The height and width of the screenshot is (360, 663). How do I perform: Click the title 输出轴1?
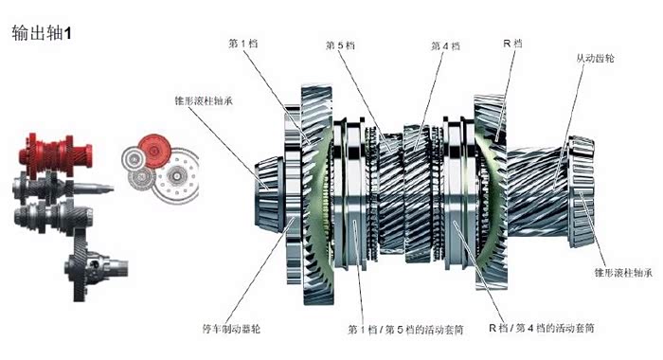[42, 33]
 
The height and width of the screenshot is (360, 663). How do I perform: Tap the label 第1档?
[243, 44]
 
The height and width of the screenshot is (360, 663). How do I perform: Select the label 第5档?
[340, 45]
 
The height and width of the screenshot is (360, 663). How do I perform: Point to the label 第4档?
[445, 45]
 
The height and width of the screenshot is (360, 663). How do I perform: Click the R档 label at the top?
[512, 43]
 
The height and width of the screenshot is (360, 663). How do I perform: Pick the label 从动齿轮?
[595, 58]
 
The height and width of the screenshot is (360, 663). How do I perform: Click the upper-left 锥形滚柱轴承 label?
[204, 100]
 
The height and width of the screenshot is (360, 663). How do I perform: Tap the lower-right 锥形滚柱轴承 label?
[623, 273]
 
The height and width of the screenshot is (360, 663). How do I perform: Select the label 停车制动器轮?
[231, 329]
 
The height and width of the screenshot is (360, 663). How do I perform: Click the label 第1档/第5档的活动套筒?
[405, 329]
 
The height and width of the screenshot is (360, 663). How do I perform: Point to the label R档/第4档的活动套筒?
[541, 328]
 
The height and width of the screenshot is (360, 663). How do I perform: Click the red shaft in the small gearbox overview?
[55, 154]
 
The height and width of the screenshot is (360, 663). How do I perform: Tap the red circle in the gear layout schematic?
[154, 151]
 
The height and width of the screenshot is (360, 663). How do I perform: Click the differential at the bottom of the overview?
[95, 265]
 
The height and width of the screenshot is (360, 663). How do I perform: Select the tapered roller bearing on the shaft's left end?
[269, 194]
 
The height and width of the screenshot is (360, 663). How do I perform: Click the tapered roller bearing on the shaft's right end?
[582, 191]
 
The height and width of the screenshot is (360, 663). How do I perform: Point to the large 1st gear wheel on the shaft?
[318, 194]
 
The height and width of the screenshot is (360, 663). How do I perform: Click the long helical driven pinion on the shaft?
[537, 191]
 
